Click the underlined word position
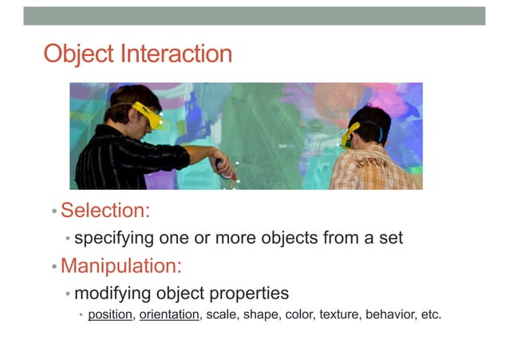(110, 315)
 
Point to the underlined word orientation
(168, 315)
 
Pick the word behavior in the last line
(389, 315)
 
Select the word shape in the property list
(260, 315)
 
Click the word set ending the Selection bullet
(391, 238)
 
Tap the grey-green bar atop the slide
(254, 16)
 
